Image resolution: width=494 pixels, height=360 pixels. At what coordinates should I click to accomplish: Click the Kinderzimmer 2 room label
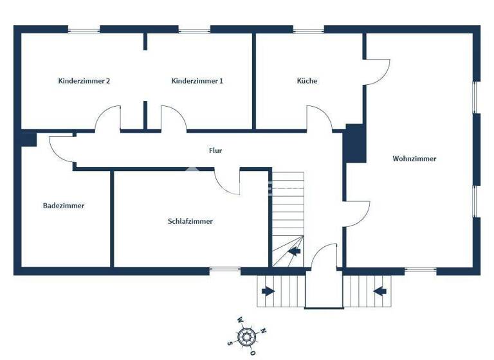coord(84,81)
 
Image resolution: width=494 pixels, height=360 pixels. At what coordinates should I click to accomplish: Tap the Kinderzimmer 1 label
coord(197,81)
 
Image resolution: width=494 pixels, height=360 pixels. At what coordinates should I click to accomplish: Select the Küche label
coord(307,81)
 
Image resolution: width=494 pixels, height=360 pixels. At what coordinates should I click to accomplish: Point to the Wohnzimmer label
coord(414,158)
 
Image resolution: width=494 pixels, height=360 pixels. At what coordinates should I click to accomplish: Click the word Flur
coord(215,150)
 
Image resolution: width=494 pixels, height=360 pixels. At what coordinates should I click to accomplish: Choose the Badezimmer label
coord(64,206)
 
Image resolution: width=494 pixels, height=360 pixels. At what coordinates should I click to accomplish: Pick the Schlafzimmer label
coord(190,221)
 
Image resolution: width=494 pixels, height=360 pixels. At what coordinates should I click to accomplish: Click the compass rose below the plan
coord(246,335)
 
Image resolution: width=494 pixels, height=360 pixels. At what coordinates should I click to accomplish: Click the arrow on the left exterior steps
coord(268,291)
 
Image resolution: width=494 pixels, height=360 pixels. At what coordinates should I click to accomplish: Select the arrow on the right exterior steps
coord(380,291)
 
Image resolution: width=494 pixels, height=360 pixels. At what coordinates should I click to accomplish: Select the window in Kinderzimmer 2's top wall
coord(84,30)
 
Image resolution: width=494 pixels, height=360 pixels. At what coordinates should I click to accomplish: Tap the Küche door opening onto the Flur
coord(318,119)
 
